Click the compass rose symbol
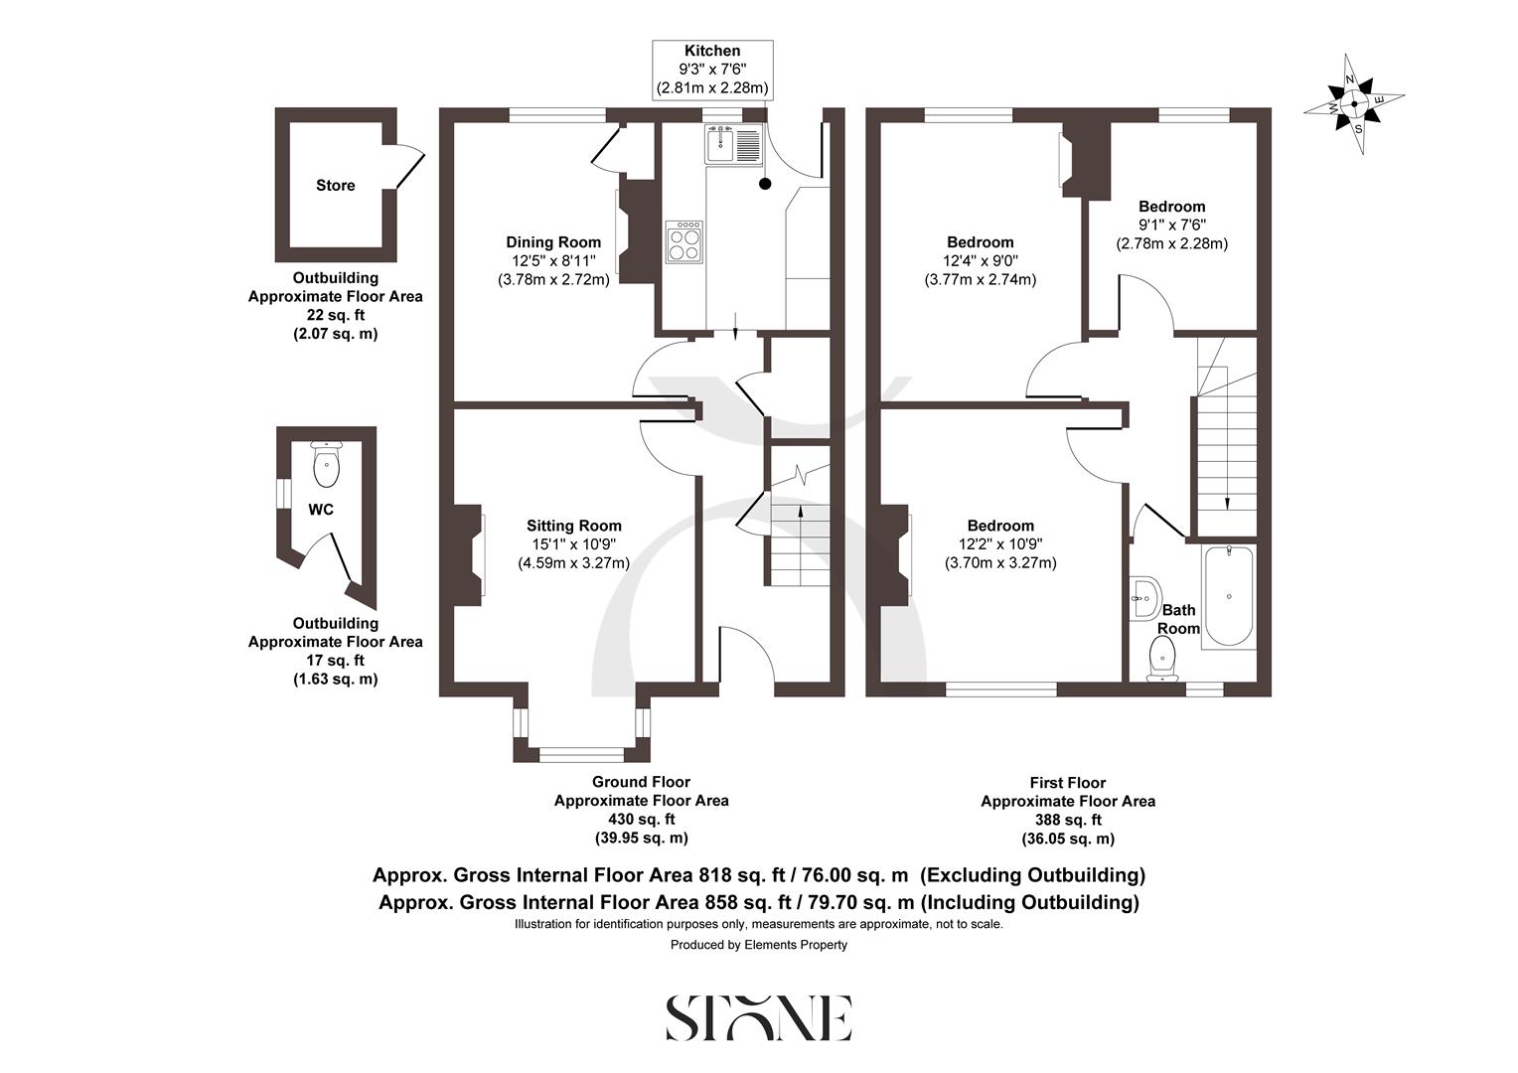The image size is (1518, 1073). (x=1354, y=103)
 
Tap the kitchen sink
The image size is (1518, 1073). (x=732, y=145)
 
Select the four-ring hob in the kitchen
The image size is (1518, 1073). (x=683, y=241)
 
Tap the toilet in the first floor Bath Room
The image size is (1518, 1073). (x=1161, y=660)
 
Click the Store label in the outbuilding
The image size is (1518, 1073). (x=335, y=186)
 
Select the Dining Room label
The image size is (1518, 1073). (x=553, y=242)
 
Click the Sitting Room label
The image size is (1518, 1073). (x=573, y=527)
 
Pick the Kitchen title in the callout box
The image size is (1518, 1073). (x=711, y=51)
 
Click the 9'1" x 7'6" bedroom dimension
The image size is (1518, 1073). (x=1172, y=226)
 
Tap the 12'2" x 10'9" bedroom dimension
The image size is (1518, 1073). (x=999, y=544)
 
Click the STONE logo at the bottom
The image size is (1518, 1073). (x=758, y=1017)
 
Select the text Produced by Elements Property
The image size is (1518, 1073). (x=758, y=945)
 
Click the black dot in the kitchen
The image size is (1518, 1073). (x=764, y=184)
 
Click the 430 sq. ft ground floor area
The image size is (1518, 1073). (x=641, y=820)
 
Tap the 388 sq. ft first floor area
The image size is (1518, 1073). (x=1068, y=821)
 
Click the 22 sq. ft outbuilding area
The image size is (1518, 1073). (x=335, y=315)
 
